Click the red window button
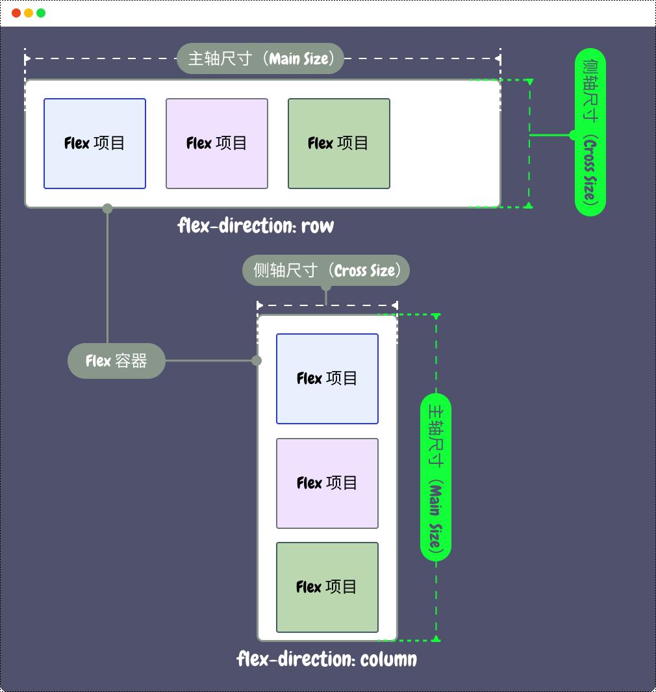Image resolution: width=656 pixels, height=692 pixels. pyautogui.click(x=16, y=13)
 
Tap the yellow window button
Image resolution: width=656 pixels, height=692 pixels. pyautogui.click(x=29, y=13)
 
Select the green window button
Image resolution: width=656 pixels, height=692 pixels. pyautogui.click(x=41, y=13)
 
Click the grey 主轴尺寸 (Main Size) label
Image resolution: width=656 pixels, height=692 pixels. pyautogui.click(x=260, y=58)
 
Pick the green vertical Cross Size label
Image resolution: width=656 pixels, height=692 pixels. pyautogui.click(x=590, y=132)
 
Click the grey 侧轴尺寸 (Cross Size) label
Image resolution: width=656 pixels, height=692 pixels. pyautogui.click(x=326, y=270)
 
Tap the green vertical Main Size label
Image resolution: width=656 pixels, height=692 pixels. pyautogui.click(x=436, y=477)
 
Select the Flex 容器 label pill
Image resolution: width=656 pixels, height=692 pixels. pyautogui.click(x=116, y=361)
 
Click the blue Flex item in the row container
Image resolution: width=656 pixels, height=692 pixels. pyautogui.click(x=95, y=144)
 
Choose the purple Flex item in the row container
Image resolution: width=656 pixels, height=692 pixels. pyautogui.click(x=217, y=144)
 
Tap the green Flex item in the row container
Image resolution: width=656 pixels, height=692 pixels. pyautogui.click(x=339, y=144)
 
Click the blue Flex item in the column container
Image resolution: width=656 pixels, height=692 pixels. pyautogui.click(x=327, y=379)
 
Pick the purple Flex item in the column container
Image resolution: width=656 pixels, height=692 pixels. pyautogui.click(x=327, y=483)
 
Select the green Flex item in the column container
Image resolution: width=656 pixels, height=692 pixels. pyautogui.click(x=327, y=587)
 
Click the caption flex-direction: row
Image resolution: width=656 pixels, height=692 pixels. pyautogui.click(x=256, y=226)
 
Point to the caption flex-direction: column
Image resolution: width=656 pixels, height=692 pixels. pyautogui.click(x=327, y=660)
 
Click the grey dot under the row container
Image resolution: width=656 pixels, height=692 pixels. pyautogui.click(x=107, y=209)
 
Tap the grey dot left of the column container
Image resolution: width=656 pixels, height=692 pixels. pyautogui.click(x=257, y=361)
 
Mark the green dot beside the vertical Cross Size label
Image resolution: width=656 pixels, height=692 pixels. pyautogui.click(x=573, y=135)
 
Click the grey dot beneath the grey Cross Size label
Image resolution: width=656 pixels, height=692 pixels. pyautogui.click(x=326, y=287)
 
